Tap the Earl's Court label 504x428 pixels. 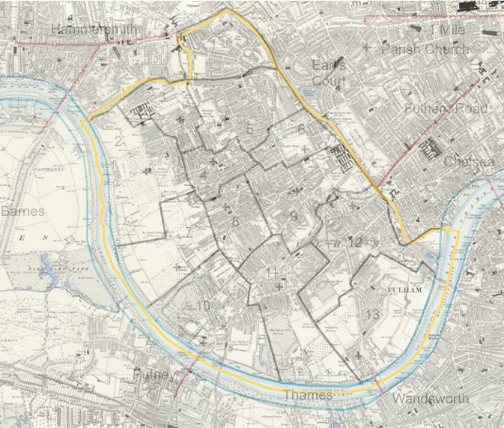(x=329, y=70)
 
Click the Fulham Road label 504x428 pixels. (x=446, y=109)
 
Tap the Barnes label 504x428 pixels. (x=22, y=211)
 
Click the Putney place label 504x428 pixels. (x=154, y=373)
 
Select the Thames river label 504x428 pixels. (x=307, y=395)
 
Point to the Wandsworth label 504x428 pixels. (x=431, y=398)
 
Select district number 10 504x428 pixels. (x=203, y=305)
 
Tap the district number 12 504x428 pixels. (x=355, y=242)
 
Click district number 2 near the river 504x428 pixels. (x=118, y=141)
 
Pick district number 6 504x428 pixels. (x=301, y=130)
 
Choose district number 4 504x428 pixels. (x=203, y=176)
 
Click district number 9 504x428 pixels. (x=294, y=217)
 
